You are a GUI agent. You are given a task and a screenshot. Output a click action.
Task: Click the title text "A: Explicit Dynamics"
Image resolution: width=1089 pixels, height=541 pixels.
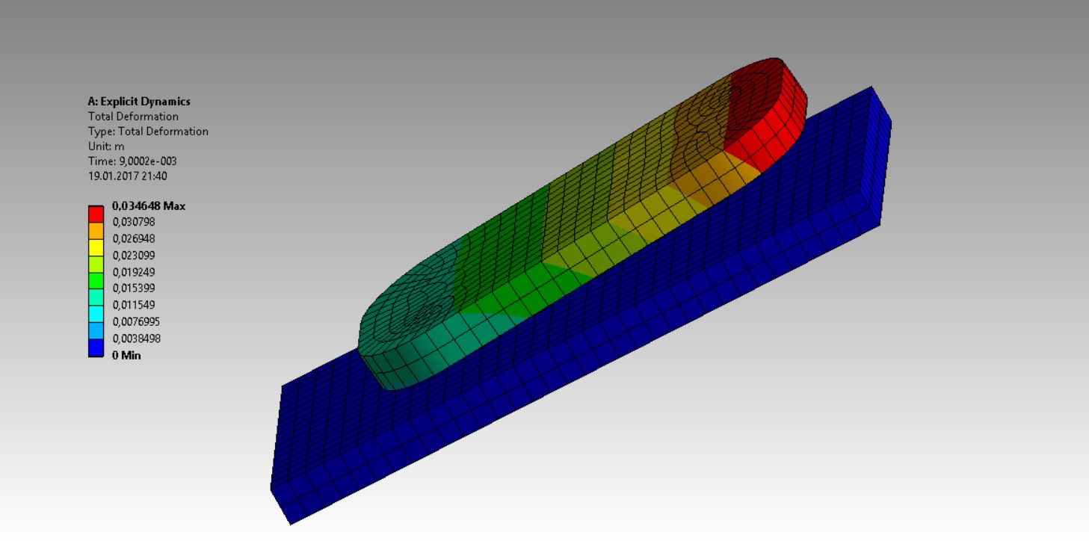[x=139, y=102]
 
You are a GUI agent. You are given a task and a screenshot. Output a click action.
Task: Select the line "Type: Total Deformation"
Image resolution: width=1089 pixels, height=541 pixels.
[x=148, y=132]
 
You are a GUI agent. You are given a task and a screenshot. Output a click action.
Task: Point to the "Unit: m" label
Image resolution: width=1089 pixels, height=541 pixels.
[x=106, y=146]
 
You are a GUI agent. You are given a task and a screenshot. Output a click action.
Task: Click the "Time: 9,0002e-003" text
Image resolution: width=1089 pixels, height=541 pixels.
[x=132, y=161]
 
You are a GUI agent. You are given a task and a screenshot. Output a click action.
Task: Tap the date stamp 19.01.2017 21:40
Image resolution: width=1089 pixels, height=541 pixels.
[x=128, y=176]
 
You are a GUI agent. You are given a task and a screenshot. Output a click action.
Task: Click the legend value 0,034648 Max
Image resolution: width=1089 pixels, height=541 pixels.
[x=149, y=205]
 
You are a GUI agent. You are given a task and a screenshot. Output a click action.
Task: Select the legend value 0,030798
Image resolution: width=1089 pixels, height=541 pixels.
[x=133, y=222]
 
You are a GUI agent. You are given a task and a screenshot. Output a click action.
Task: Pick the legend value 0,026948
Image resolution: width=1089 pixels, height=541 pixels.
[x=133, y=239]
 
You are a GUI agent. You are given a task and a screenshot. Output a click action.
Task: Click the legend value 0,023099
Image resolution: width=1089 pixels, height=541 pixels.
[x=133, y=256]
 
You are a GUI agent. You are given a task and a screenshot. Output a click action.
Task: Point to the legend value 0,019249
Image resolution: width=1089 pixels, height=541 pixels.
[x=133, y=272]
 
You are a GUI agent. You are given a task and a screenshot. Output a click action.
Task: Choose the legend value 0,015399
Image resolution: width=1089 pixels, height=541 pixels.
[x=133, y=288]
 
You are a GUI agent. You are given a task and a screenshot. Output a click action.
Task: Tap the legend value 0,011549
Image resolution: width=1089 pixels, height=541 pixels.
[x=133, y=305]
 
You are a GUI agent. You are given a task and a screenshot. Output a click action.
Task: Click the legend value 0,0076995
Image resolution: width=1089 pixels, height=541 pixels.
[x=136, y=322]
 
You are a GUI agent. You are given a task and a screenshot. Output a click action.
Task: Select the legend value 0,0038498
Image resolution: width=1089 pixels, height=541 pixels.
[x=136, y=338]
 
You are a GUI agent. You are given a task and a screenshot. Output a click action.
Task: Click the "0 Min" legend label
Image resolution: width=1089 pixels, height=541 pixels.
[x=126, y=356]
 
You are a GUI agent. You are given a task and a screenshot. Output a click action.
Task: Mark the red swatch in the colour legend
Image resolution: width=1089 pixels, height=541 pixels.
[x=96, y=214]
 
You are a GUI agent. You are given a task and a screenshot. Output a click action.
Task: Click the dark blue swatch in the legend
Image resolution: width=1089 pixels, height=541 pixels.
[x=96, y=348]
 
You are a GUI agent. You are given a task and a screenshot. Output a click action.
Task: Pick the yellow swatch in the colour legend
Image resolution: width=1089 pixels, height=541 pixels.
[x=96, y=247]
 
